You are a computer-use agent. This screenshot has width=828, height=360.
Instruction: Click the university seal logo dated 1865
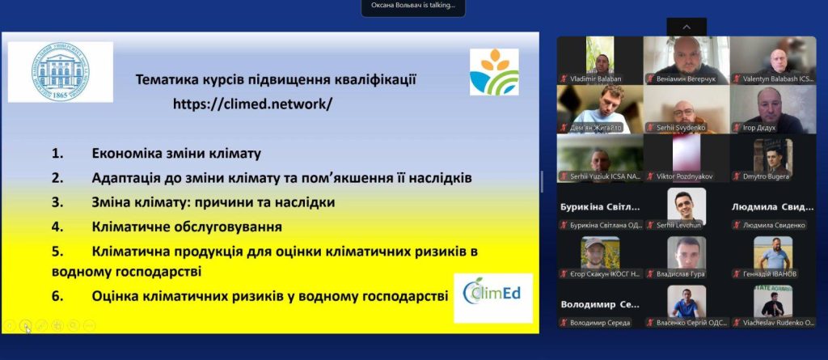click(x=60, y=71)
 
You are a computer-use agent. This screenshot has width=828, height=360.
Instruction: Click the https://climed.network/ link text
click(x=252, y=104)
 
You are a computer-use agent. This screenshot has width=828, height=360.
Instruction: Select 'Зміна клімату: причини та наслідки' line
click(x=213, y=202)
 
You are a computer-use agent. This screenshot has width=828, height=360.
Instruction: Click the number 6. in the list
click(x=57, y=296)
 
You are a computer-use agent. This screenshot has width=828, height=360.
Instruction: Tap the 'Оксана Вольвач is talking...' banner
click(x=413, y=6)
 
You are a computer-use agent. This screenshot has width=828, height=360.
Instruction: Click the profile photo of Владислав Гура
click(x=686, y=252)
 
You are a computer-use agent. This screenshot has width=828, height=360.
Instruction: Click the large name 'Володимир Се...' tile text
click(x=599, y=305)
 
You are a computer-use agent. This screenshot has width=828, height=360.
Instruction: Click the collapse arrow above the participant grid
click(x=686, y=27)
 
